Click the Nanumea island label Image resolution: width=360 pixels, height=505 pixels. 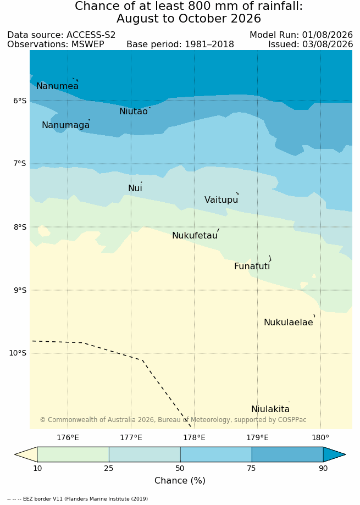tap(57, 86)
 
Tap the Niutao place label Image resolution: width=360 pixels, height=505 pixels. tap(134, 111)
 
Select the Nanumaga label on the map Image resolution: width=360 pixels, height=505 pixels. tap(66, 125)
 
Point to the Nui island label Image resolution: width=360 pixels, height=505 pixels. tap(135, 188)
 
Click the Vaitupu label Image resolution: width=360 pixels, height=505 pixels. tap(221, 199)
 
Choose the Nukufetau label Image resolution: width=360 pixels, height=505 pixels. tap(195, 235)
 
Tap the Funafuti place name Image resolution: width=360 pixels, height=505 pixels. tap(252, 267)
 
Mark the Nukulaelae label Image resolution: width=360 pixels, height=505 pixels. tap(289, 323)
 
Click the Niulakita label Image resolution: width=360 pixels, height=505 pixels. tap(270, 409)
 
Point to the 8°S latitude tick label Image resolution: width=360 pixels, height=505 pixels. tap(20, 227)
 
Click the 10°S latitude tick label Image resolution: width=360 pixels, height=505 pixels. tap(18, 353)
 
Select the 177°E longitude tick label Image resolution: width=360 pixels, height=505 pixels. tap(131, 438)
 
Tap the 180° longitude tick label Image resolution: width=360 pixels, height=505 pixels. tap(321, 438)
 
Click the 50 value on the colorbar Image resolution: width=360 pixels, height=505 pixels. tap(180, 468)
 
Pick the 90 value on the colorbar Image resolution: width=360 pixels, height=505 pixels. tap(323, 468)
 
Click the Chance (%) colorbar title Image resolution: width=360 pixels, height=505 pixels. tap(180, 480)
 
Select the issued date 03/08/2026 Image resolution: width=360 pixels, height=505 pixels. tap(328, 44)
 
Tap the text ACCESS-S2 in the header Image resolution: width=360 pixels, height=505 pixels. tap(91, 35)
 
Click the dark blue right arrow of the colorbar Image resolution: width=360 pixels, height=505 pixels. tap(334, 455)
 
